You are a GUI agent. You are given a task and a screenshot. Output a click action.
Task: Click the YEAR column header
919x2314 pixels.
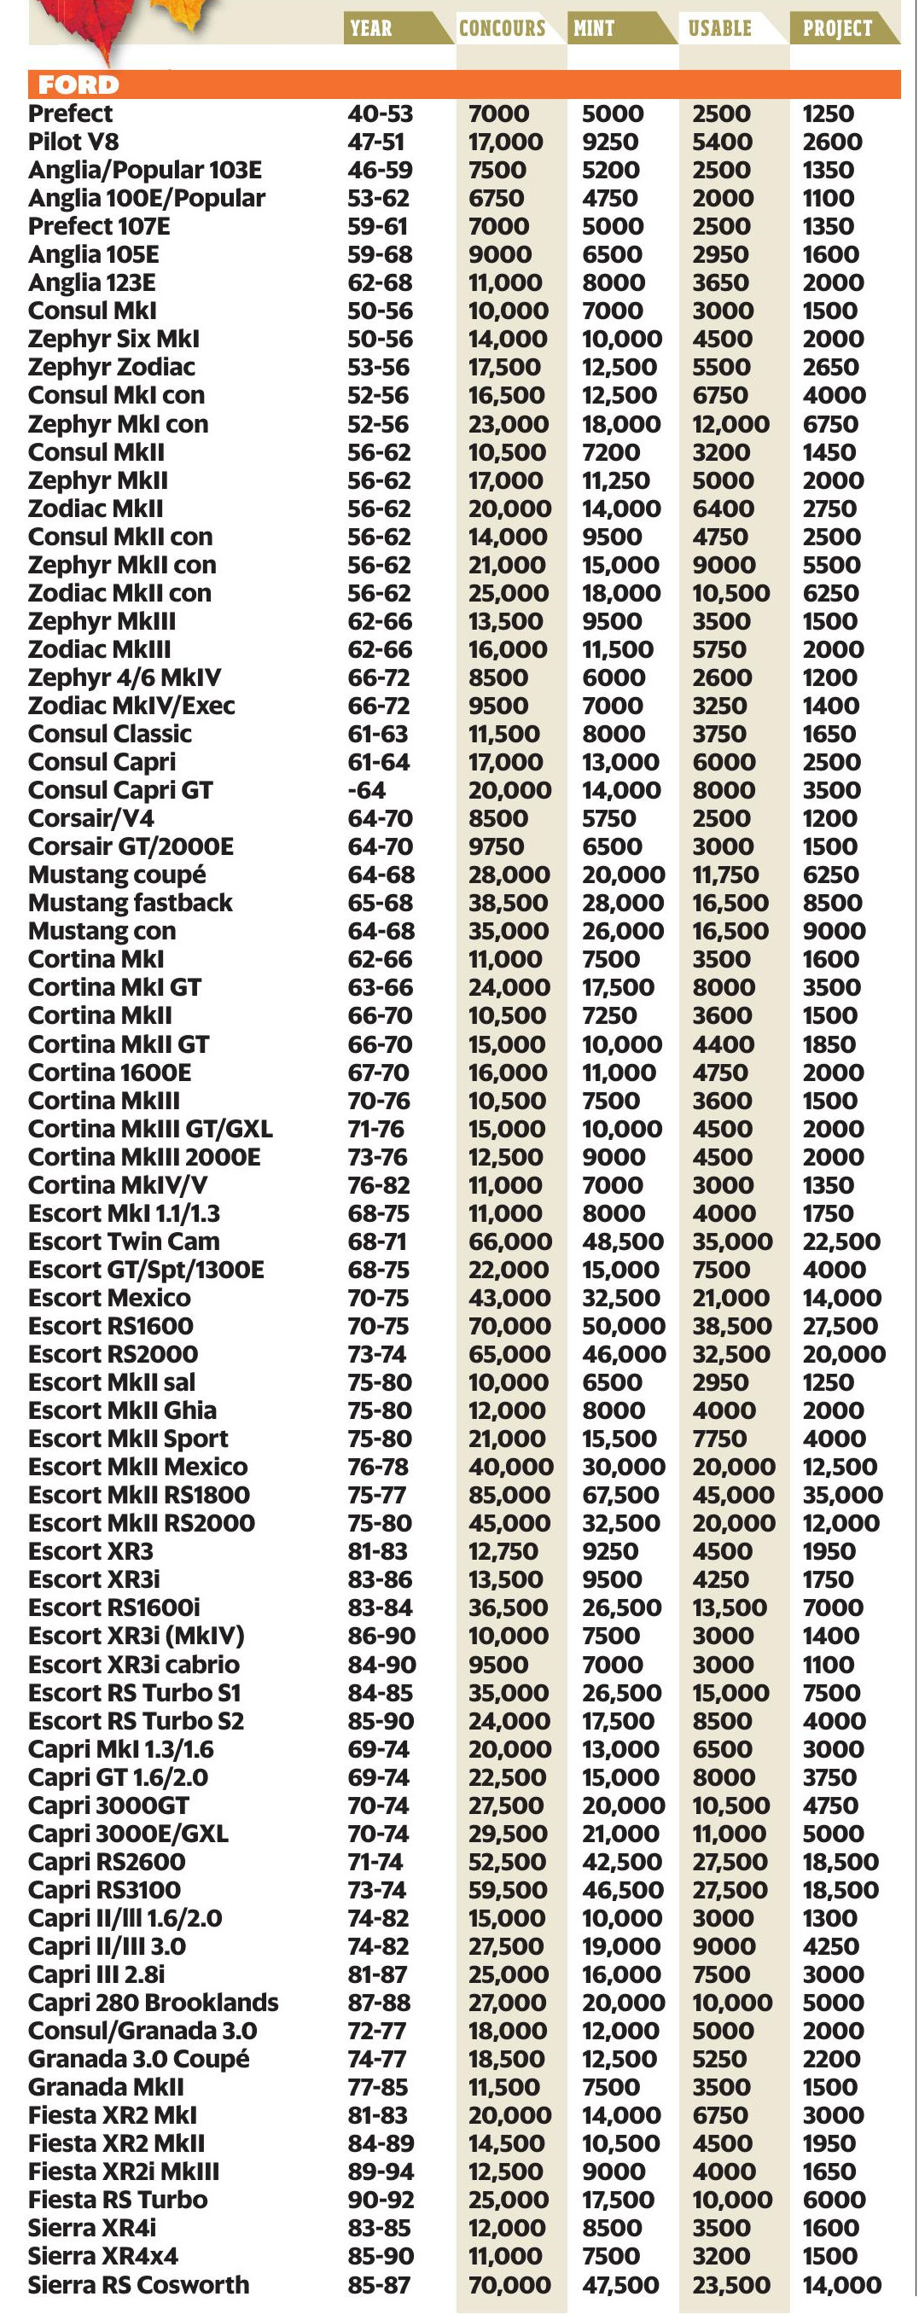click(x=371, y=28)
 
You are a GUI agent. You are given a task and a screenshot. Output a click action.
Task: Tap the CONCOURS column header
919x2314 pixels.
click(x=503, y=28)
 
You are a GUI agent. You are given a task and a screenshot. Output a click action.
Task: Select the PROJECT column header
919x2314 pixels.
click(x=836, y=28)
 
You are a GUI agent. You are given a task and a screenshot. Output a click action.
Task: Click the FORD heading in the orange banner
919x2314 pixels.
click(x=79, y=85)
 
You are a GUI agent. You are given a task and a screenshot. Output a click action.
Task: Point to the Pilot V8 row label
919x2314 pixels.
click(x=73, y=142)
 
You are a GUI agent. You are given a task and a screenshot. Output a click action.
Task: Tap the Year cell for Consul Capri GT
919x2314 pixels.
click(x=368, y=790)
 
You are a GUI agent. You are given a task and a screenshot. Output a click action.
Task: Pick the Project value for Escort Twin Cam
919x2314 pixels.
click(x=840, y=1241)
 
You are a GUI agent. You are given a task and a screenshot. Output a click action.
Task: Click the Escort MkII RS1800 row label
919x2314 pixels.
click(x=139, y=1495)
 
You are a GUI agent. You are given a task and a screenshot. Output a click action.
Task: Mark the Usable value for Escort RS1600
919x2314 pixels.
click(x=732, y=1326)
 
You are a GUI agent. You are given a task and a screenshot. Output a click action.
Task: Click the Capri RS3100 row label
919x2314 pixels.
click(x=104, y=1889)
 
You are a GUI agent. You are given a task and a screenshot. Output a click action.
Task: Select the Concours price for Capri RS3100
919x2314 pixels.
click(x=508, y=1889)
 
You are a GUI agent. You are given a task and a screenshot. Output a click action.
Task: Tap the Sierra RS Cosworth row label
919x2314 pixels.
click(x=138, y=2284)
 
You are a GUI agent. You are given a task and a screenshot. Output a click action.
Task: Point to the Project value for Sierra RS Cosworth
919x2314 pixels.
click(x=840, y=2284)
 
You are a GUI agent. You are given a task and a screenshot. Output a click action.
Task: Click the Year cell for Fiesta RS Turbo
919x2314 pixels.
click(x=380, y=2200)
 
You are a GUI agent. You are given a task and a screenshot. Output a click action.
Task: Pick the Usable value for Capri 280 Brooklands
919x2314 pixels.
click(x=732, y=2003)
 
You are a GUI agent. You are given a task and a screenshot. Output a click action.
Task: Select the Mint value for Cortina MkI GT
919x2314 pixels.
click(x=618, y=987)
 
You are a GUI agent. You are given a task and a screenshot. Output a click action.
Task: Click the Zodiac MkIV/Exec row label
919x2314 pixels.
click(x=131, y=706)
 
